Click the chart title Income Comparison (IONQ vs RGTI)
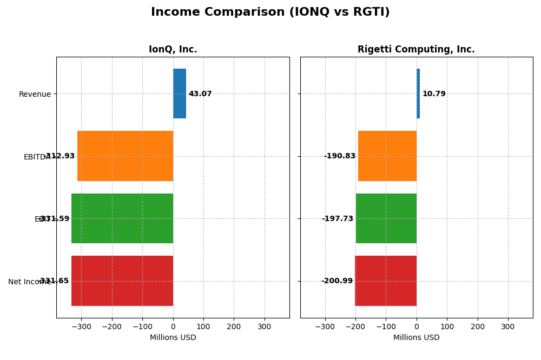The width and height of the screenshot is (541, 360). [x=270, y=12]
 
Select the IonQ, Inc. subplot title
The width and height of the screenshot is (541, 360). [x=173, y=50]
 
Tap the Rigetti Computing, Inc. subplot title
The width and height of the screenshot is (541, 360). [x=416, y=50]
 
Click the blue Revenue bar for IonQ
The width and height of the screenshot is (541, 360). [x=180, y=94]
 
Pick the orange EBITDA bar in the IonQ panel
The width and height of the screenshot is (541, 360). [x=125, y=156]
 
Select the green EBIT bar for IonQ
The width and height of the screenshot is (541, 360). [x=122, y=218]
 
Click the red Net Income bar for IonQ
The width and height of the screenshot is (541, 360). [x=122, y=281]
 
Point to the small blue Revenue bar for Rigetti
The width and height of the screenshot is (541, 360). [x=418, y=94]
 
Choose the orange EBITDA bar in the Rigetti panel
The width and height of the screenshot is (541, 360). [x=387, y=156]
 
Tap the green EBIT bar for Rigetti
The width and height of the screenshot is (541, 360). [x=386, y=218]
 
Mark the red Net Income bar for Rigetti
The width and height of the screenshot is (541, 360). [x=386, y=281]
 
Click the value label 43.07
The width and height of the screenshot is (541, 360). [x=200, y=94]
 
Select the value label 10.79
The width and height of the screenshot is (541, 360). [x=434, y=94]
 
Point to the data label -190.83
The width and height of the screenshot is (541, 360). [x=340, y=156]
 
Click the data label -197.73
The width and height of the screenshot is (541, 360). [x=338, y=219]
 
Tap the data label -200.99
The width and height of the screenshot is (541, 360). [x=337, y=281]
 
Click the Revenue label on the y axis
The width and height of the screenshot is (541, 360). [x=35, y=95]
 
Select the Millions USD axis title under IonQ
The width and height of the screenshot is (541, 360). [x=173, y=338]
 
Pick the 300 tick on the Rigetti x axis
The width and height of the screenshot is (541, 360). [x=507, y=327]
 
